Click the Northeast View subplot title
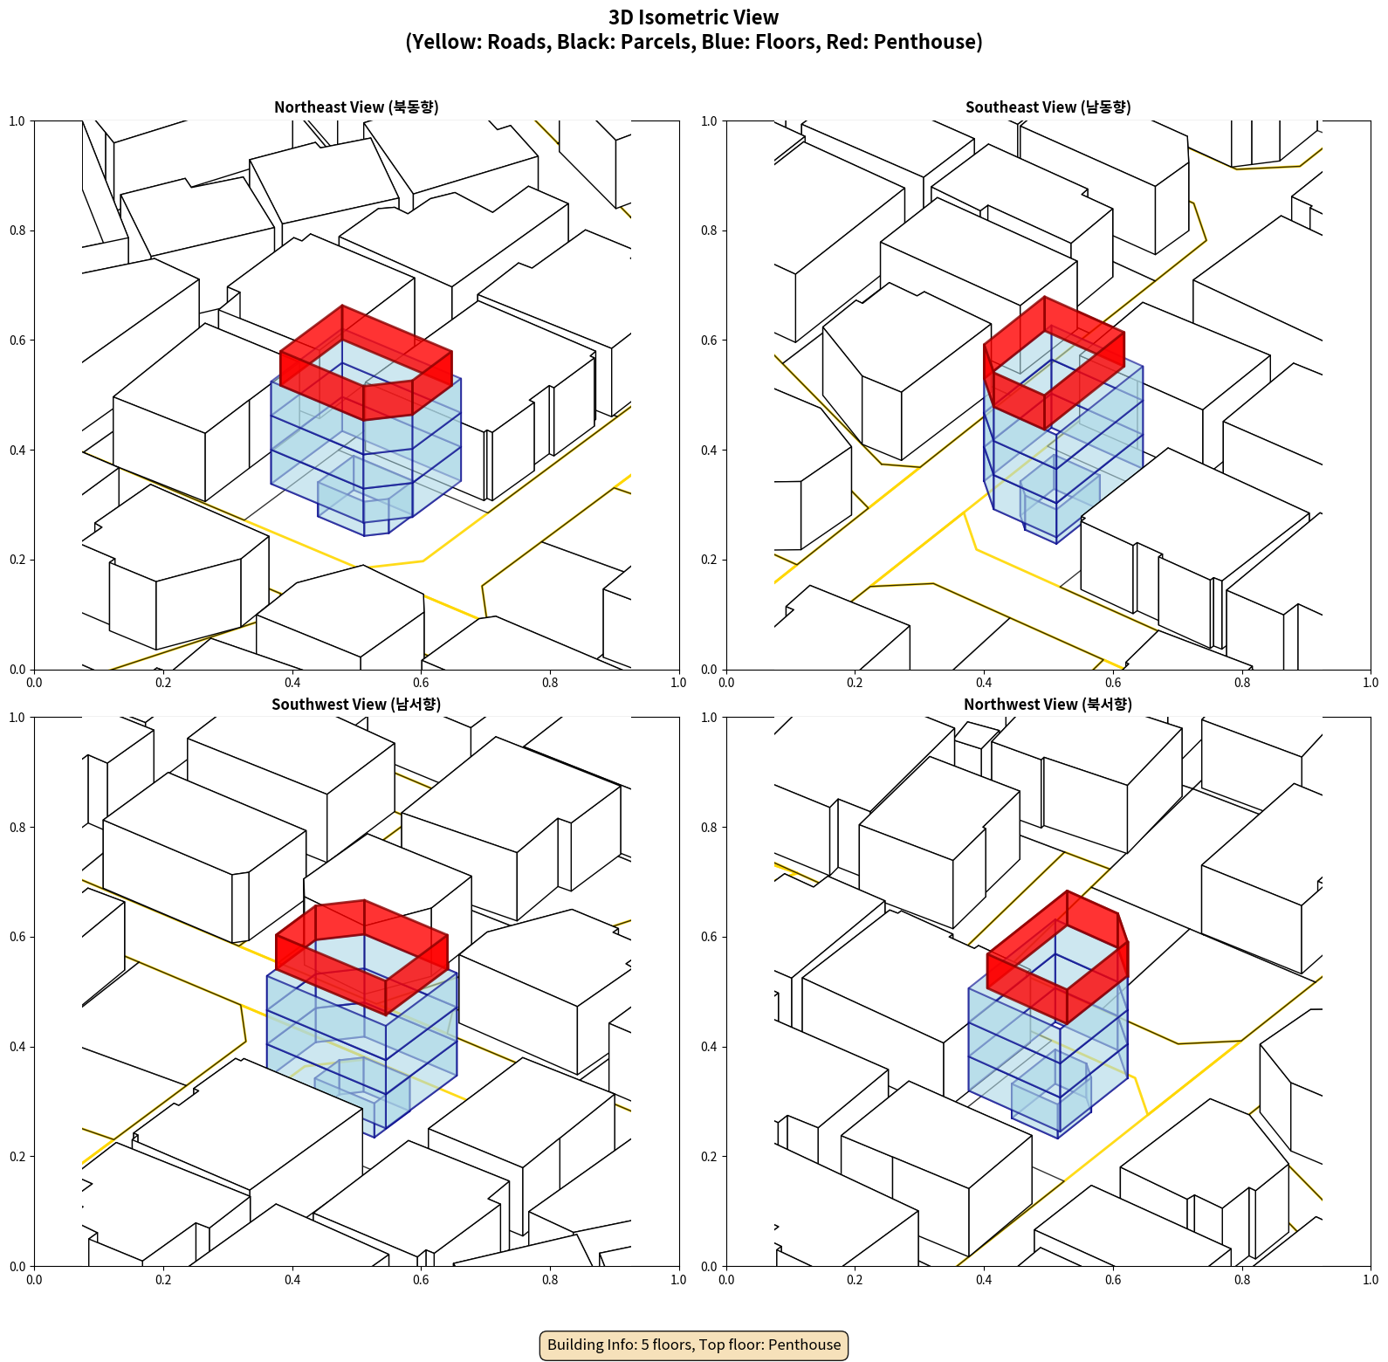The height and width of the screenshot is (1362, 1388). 356,107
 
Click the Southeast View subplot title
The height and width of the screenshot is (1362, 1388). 1048,107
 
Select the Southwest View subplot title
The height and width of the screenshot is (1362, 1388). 356,705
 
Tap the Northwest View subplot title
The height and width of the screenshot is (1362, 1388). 1048,705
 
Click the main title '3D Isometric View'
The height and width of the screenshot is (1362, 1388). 694,17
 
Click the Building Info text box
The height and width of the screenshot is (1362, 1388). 694,1345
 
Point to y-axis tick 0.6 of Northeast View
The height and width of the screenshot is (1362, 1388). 17,340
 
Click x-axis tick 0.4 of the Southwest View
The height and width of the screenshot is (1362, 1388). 292,1280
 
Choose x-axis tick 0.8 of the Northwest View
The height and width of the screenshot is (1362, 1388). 1242,1280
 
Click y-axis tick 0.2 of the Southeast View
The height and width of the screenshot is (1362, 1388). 709,560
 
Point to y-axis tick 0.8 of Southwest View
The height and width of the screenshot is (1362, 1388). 17,827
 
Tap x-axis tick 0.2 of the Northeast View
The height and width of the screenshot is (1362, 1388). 163,683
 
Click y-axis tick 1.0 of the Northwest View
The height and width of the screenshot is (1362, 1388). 709,718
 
